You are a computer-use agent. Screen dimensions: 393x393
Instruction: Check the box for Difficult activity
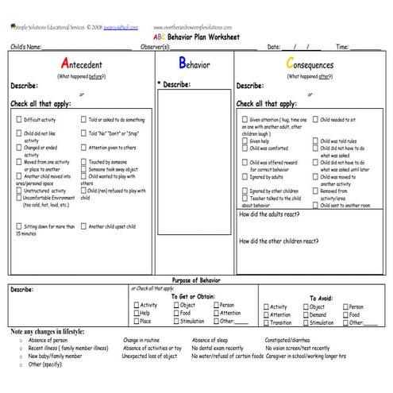[x=18, y=120]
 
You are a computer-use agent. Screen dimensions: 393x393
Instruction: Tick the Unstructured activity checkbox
[x=18, y=191]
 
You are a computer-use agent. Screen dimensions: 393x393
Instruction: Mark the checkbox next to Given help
[x=245, y=141]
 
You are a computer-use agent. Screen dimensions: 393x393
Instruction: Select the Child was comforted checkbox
[x=245, y=148]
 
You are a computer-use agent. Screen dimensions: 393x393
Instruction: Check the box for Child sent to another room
[x=314, y=205]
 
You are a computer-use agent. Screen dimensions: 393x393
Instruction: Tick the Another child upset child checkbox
[x=83, y=226]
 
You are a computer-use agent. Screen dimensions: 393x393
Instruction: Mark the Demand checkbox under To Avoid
[x=305, y=314]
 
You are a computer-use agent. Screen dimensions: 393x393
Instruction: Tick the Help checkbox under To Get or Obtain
[x=135, y=313]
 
